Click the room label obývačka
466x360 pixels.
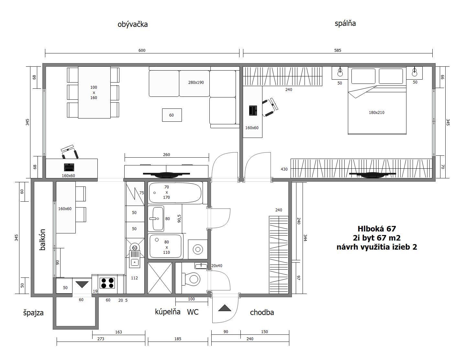coord(133,24)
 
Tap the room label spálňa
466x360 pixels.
coord(345,23)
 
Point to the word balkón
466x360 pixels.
coord(42,240)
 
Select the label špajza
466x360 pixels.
coord(33,313)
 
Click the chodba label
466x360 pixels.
coord(262,312)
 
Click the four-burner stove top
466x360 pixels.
coord(107,283)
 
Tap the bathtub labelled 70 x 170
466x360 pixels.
coord(175,192)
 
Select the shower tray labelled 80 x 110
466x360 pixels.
coord(166,246)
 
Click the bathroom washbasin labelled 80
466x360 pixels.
coord(158,219)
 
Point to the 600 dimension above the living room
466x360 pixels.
coord(142,51)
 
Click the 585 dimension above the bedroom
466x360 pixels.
coord(338,51)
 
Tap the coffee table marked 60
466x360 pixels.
coord(172,115)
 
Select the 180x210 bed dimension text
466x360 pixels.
coord(376,113)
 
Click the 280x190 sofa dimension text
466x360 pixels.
coord(196,82)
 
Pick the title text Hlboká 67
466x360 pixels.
coord(377,229)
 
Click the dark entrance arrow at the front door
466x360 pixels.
coord(225,308)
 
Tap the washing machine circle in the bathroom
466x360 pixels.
coord(198,250)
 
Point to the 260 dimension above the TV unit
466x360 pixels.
coord(166,154)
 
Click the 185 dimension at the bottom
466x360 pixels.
coord(178,339)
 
